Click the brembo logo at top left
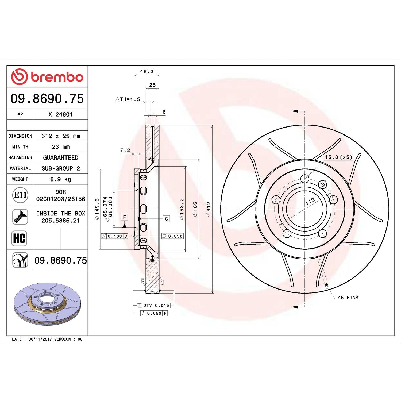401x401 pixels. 47,77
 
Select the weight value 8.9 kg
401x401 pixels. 61,179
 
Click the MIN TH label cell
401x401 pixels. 20,147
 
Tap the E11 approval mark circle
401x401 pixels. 20,195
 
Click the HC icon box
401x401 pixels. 20,238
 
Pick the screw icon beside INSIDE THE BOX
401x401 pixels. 20,217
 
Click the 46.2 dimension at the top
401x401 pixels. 147,72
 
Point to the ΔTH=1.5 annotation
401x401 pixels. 128,99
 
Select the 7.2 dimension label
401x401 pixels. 125,151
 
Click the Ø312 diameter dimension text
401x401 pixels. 209,209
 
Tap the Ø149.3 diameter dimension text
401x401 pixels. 97,209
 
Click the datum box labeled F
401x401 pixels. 124,217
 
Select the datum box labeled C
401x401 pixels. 166,219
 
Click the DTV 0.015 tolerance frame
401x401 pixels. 153,305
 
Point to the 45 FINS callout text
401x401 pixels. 348,298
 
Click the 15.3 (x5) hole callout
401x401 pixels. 338,157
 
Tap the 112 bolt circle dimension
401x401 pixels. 310,202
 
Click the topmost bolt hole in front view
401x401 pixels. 305,179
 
